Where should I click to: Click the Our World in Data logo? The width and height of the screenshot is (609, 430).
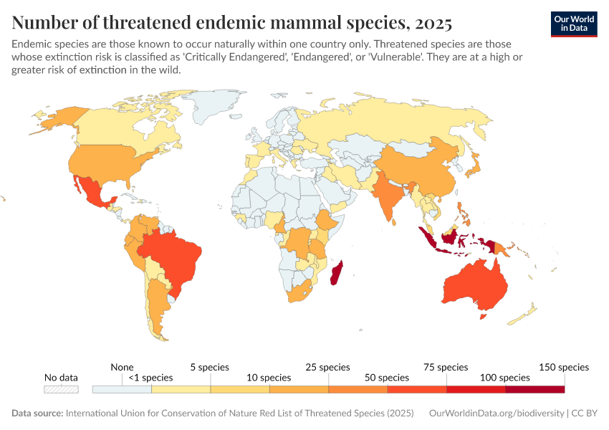[573, 24]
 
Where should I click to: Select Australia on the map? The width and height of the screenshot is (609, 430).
[474, 287]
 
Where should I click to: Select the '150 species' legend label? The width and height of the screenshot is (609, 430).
[563, 367]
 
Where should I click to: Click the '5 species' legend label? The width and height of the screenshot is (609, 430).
[209, 367]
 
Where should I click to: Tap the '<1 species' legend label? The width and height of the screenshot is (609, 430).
[151, 378]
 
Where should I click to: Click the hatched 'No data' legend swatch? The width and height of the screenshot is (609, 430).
[61, 389]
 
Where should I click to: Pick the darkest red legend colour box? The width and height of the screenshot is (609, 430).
[534, 389]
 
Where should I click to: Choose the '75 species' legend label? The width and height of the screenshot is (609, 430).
[446, 367]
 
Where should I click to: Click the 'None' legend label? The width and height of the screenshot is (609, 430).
[123, 367]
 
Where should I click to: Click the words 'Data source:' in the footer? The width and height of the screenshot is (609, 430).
[37, 414]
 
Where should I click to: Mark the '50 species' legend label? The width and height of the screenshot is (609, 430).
[387, 378]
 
